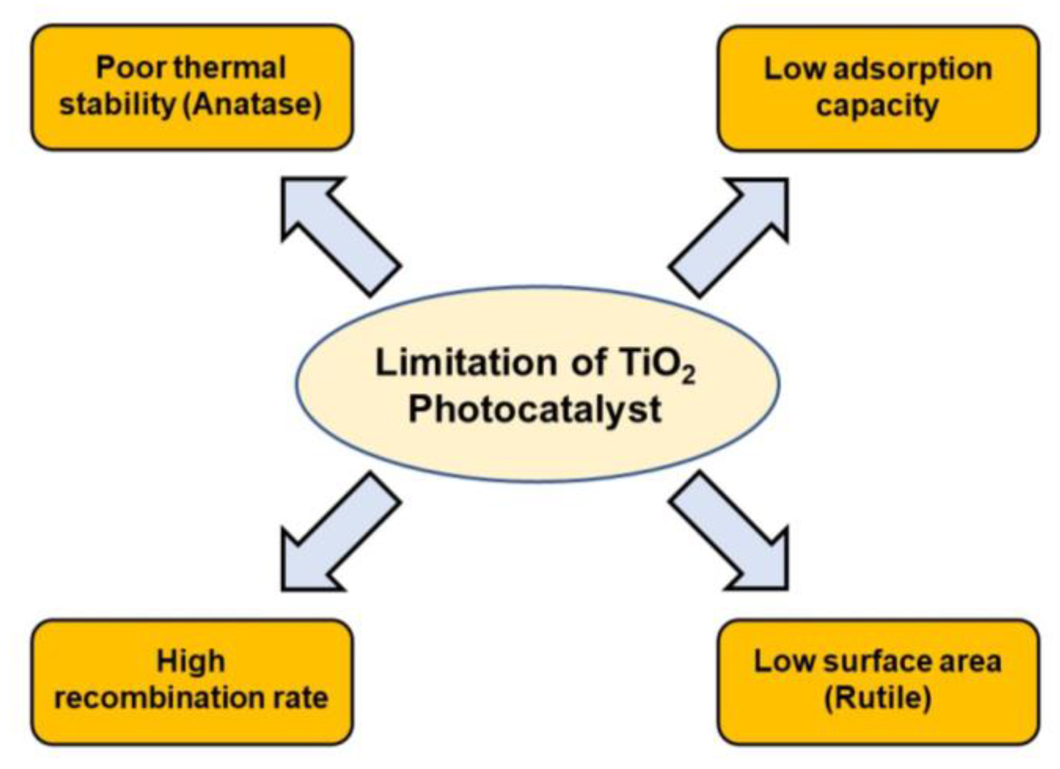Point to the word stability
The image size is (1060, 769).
(117, 104)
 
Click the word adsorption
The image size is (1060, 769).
(912, 70)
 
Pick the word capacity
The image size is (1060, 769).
(877, 105)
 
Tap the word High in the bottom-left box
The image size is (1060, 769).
(191, 661)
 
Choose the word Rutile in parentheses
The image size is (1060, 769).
(877, 697)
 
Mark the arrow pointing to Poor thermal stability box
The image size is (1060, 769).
(335, 230)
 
